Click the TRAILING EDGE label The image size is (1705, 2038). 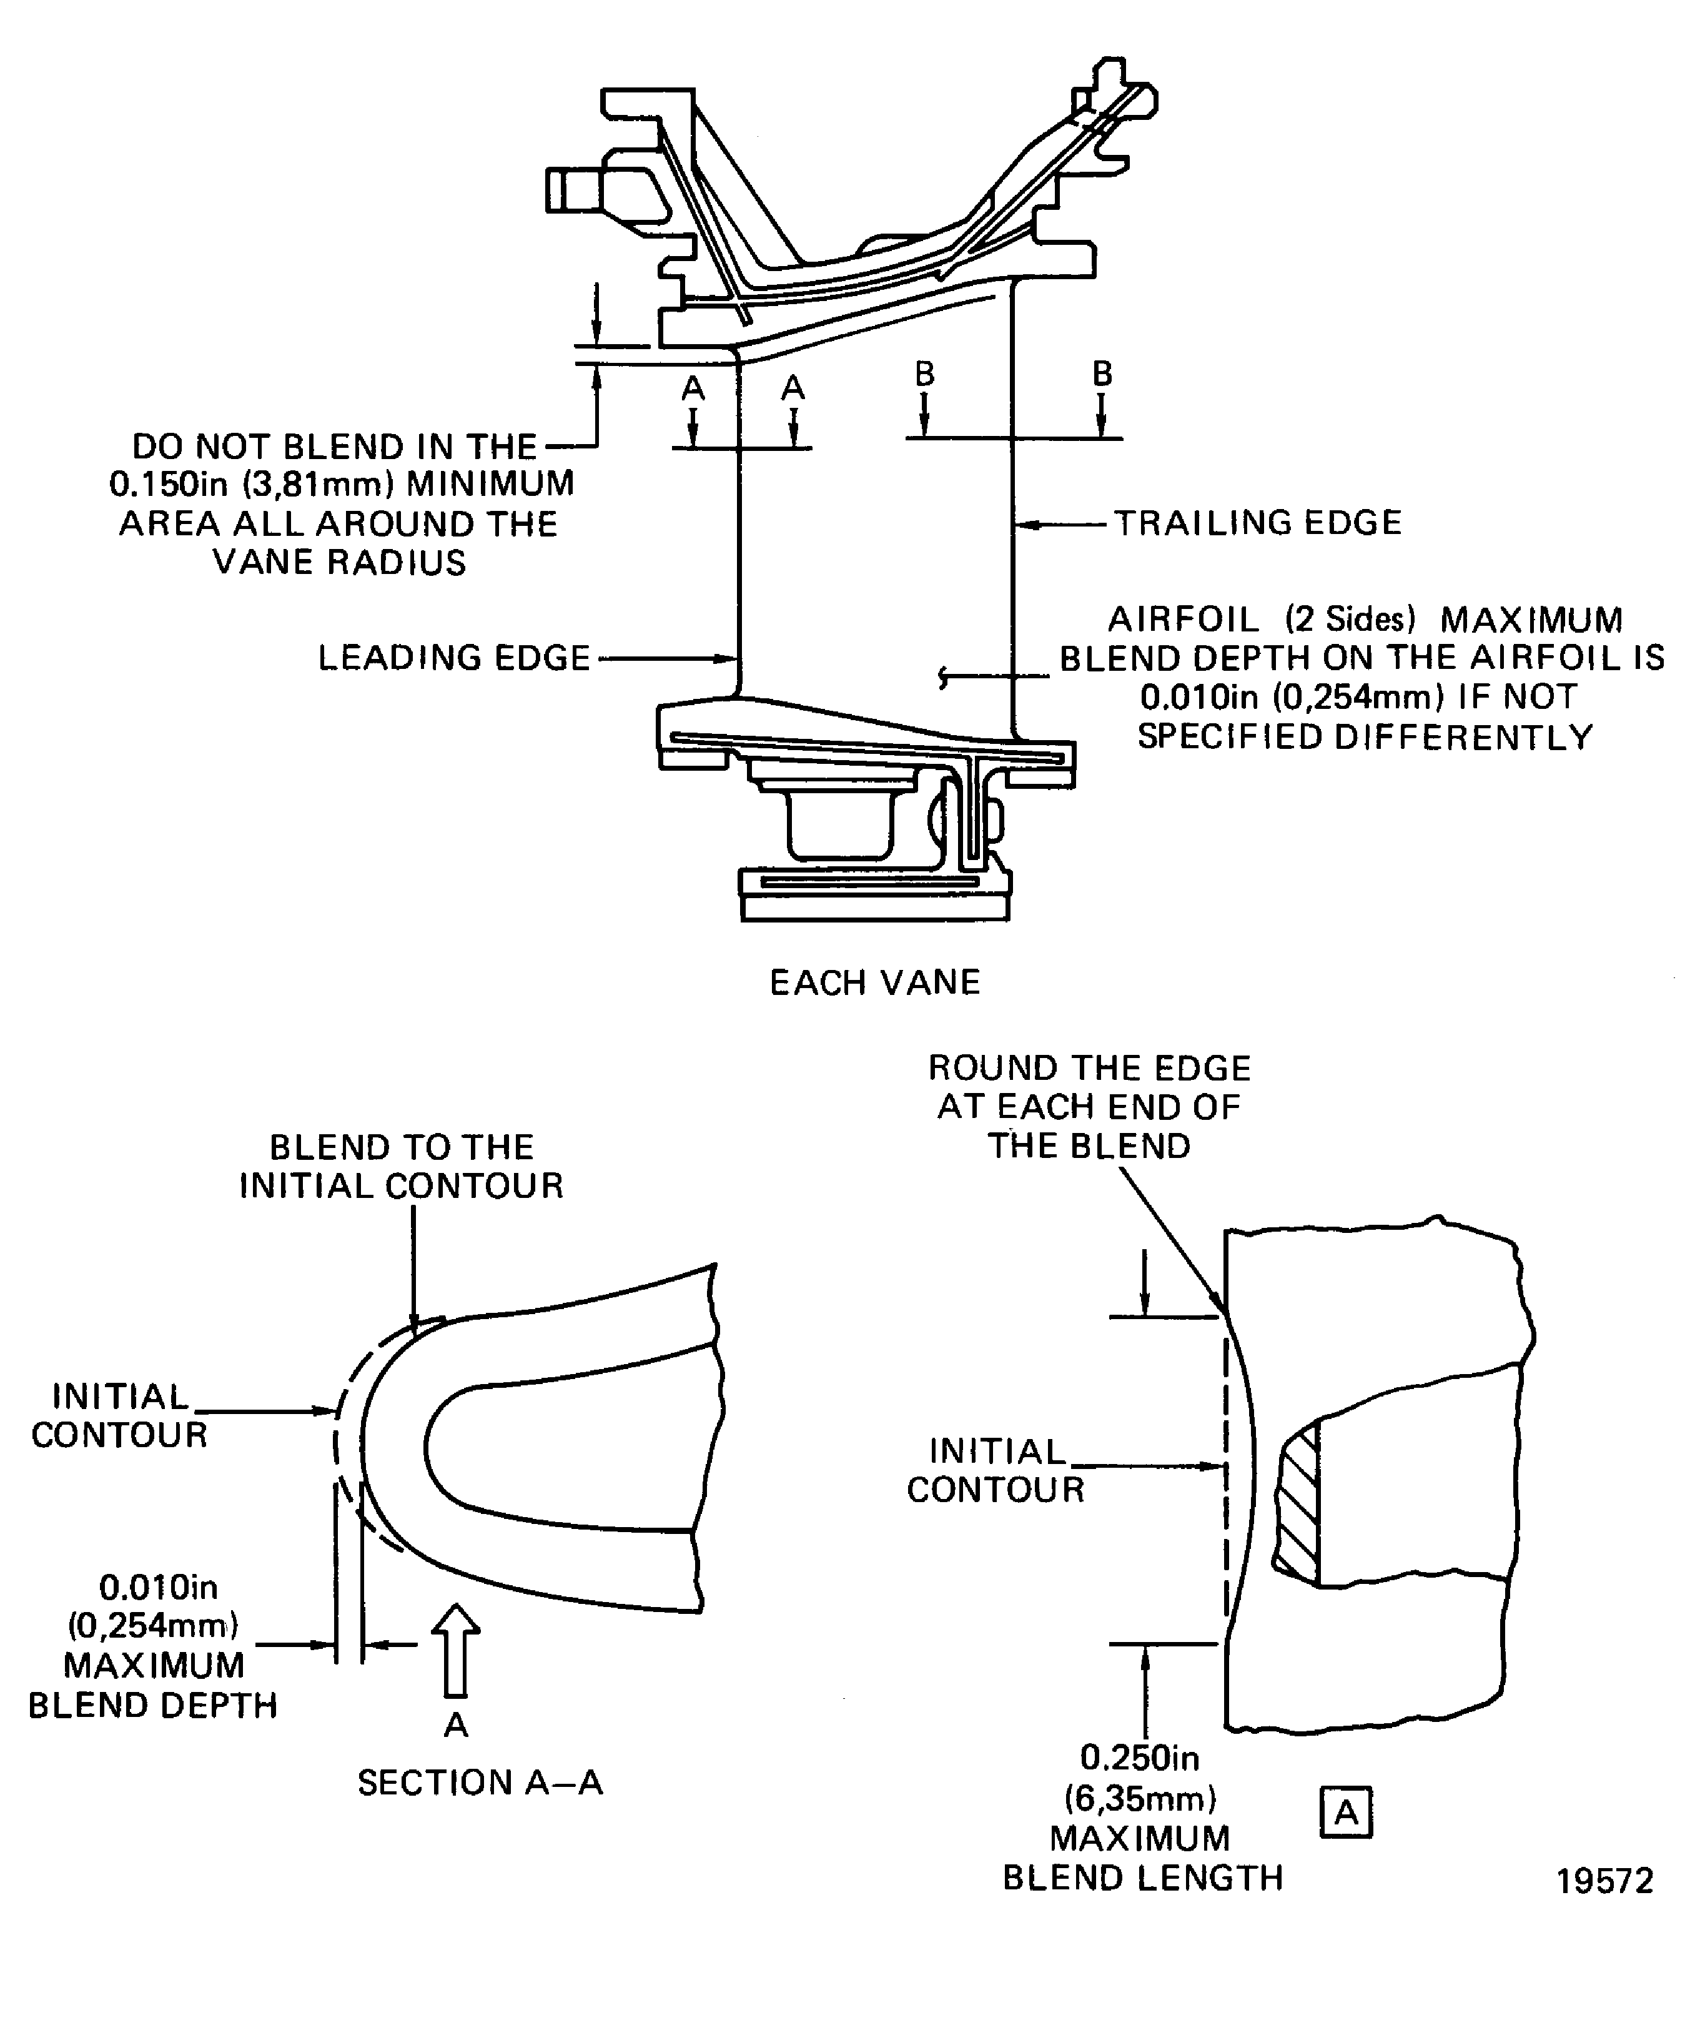click(1257, 523)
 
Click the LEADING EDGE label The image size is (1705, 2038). click(454, 658)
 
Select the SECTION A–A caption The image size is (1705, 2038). click(480, 1783)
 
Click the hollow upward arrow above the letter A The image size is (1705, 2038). click(455, 1649)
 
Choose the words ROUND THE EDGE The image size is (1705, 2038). click(1089, 1069)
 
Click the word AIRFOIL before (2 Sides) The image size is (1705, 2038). click(1183, 619)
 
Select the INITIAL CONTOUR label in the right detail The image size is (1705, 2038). click(996, 1470)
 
